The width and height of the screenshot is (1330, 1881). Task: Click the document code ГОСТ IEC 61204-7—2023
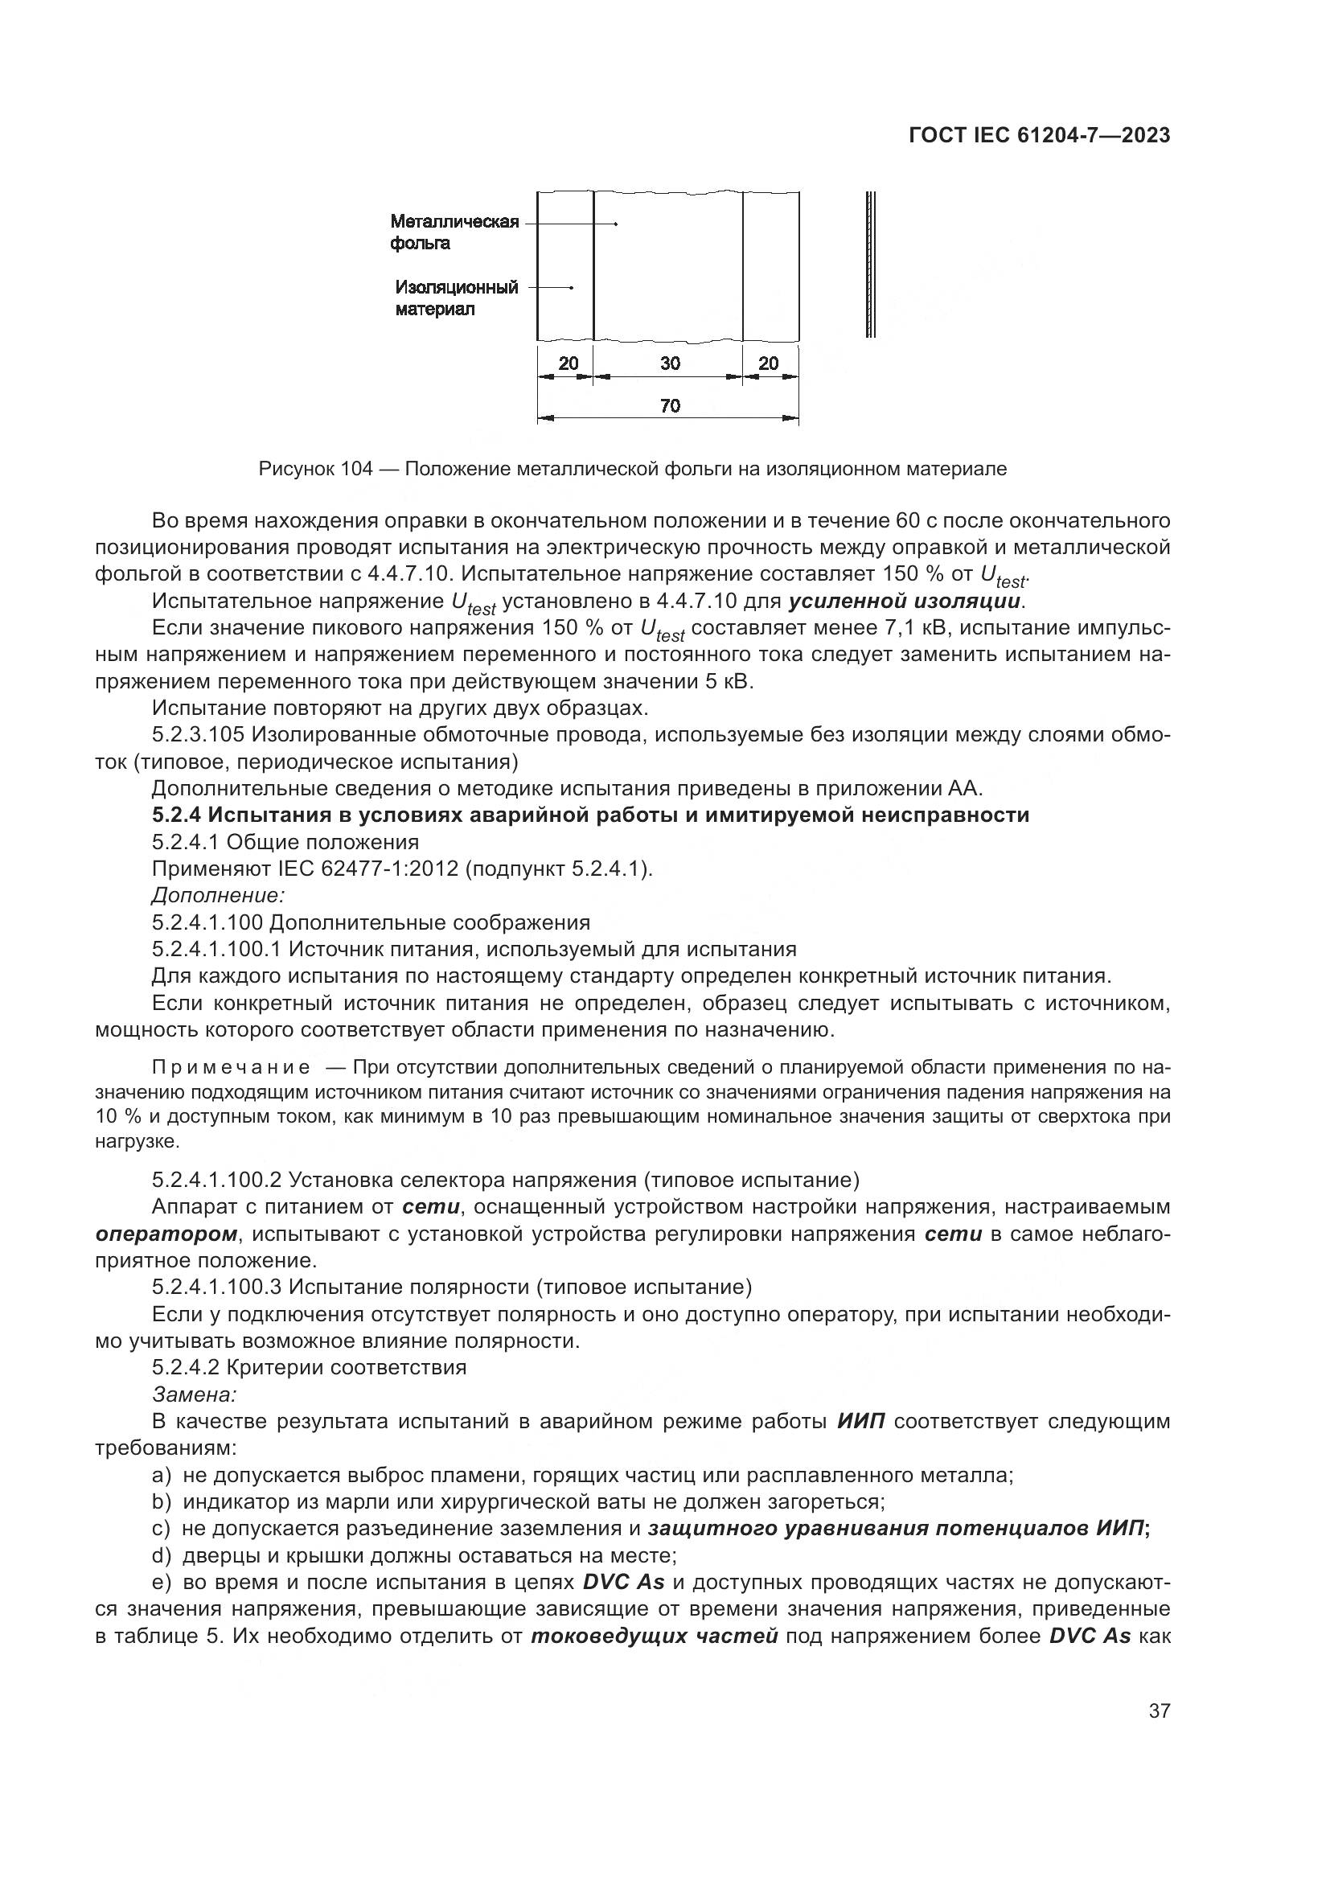1038,136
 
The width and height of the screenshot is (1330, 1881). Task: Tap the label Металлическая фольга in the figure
454,232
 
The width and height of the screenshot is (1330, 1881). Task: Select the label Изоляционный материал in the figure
456,298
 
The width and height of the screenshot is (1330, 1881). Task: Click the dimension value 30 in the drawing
669,363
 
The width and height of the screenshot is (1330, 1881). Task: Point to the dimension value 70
669,406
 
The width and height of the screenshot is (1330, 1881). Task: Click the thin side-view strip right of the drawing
871,264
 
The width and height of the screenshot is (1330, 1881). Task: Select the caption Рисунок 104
315,470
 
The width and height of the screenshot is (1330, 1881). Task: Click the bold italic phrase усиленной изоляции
904,602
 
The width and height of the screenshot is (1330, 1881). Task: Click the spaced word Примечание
231,1067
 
